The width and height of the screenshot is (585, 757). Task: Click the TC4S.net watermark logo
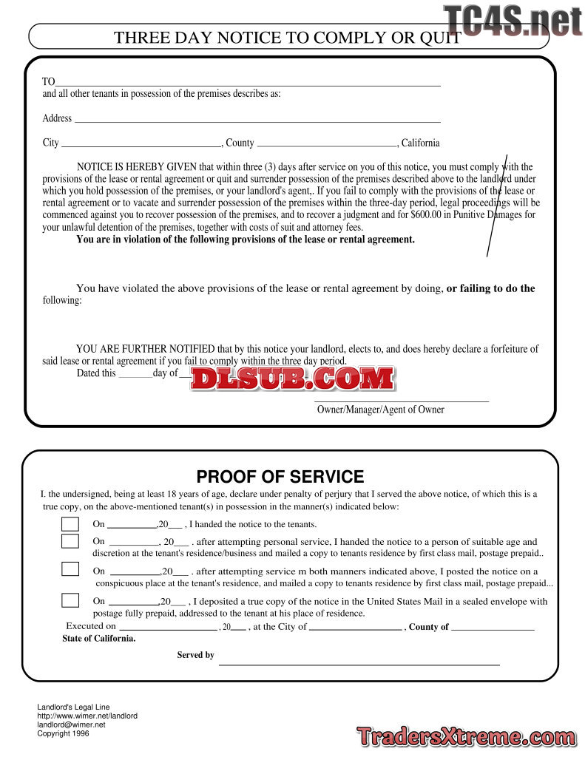pyautogui.click(x=513, y=21)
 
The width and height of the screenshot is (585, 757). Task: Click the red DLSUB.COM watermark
pyautogui.click(x=293, y=378)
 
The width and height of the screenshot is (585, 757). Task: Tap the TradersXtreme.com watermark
pyautogui.click(x=466, y=737)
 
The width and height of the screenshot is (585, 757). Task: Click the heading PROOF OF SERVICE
pyautogui.click(x=280, y=477)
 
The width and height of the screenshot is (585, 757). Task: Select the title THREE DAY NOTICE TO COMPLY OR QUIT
pyautogui.click(x=288, y=38)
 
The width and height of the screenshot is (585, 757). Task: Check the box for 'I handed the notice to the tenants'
pyautogui.click(x=70, y=524)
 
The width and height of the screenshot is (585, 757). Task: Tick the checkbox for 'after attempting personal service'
pyautogui.click(x=70, y=541)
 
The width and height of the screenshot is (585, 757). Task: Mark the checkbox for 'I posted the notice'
pyautogui.click(x=70, y=569)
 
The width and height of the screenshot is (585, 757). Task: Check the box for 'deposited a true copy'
pyautogui.click(x=70, y=600)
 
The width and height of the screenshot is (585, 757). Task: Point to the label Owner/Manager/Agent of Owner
pyautogui.click(x=380, y=410)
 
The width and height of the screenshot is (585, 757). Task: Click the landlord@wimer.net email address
pyautogui.click(x=72, y=725)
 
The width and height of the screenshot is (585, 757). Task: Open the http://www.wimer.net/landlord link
pyautogui.click(x=87, y=716)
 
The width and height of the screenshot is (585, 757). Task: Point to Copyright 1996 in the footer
pyautogui.click(x=64, y=734)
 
